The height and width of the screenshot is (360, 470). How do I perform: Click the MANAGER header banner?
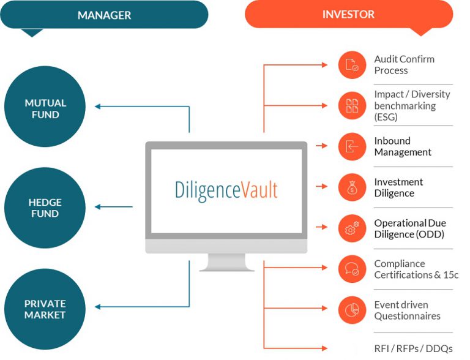point(104,15)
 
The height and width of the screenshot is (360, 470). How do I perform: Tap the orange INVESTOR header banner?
point(348,14)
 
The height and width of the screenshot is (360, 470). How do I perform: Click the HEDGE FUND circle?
point(45,208)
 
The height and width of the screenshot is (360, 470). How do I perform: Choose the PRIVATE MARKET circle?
point(45,309)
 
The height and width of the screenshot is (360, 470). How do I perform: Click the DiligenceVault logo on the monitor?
point(225,190)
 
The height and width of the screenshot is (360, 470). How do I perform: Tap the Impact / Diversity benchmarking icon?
point(352,105)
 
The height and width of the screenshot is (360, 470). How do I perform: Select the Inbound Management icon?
point(352,146)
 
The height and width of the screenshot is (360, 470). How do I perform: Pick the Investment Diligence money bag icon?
point(352,187)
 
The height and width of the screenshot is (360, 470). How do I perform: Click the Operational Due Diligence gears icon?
point(352,228)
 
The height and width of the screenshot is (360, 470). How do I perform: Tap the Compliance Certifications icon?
point(352,268)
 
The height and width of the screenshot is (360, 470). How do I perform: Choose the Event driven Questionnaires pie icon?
point(352,310)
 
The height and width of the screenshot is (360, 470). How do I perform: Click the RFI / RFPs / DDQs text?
point(413,348)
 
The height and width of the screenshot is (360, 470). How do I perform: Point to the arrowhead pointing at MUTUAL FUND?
point(99,107)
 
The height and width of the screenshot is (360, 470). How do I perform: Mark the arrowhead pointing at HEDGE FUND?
point(99,207)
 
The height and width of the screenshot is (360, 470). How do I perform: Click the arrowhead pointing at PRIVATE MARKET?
point(99,307)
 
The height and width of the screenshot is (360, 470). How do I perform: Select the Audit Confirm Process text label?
point(404,65)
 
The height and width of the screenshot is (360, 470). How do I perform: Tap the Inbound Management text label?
point(403,146)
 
